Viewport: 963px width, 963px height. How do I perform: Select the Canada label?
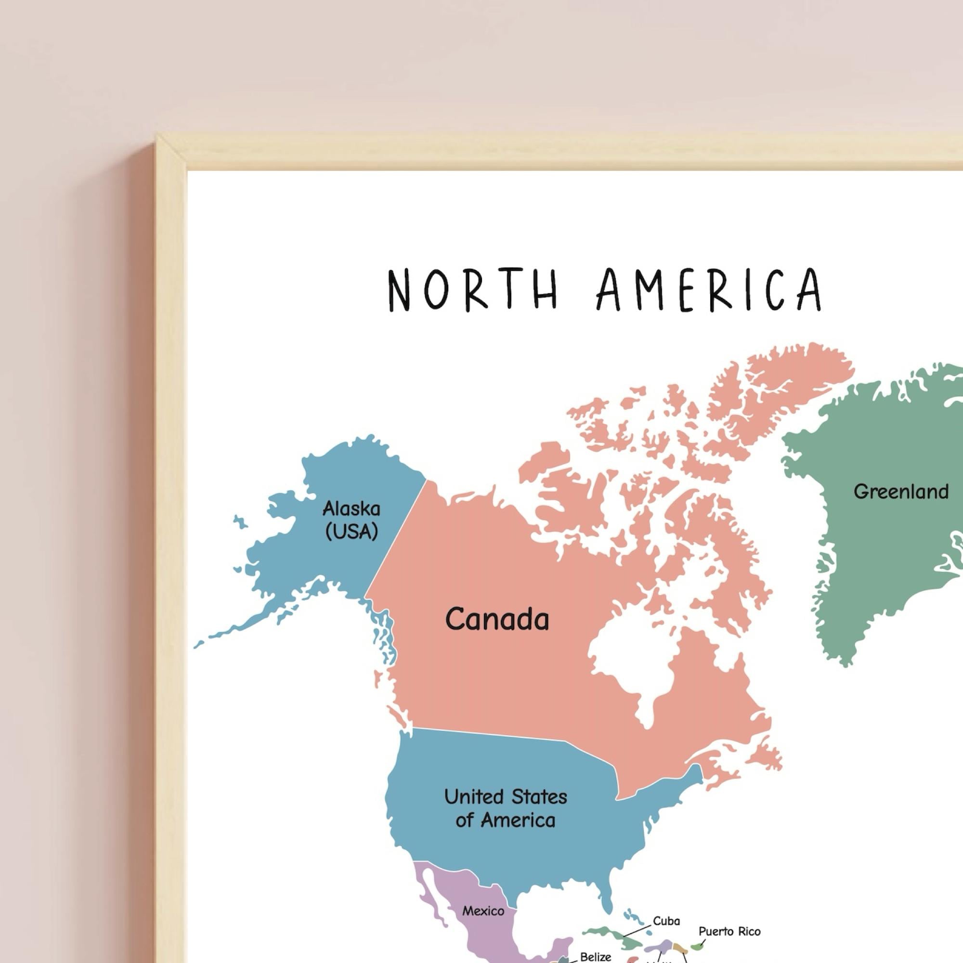pyautogui.click(x=497, y=619)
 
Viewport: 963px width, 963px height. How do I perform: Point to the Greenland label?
pyautogui.click(x=901, y=492)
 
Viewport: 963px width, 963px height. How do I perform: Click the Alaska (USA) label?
pyautogui.click(x=351, y=520)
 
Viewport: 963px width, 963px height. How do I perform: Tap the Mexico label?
pyautogui.click(x=483, y=911)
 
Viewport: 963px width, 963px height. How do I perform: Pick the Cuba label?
pyautogui.click(x=666, y=921)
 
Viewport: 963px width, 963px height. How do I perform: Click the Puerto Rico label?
pyautogui.click(x=729, y=931)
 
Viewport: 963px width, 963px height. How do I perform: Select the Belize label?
pyautogui.click(x=595, y=957)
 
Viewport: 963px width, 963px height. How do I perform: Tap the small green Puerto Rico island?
pyautogui.click(x=696, y=946)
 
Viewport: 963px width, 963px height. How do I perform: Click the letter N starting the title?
pyautogui.click(x=398, y=289)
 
